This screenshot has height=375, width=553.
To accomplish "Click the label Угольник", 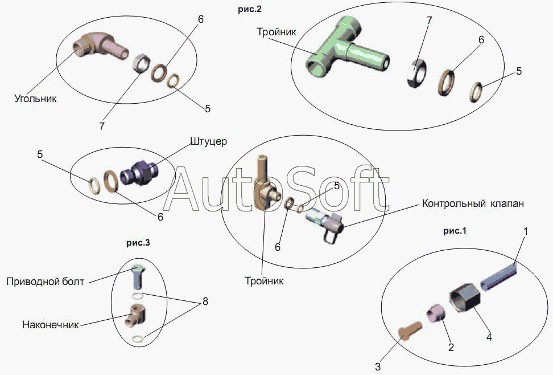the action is click(36, 99).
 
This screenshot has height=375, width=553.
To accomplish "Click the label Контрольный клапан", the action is click(472, 203).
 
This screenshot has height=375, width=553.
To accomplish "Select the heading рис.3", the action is click(138, 243).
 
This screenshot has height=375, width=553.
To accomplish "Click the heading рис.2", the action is click(251, 9).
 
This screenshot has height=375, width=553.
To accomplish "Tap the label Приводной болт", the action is click(46, 281).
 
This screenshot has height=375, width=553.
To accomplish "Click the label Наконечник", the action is click(50, 325).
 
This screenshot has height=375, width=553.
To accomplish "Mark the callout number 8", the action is click(205, 301).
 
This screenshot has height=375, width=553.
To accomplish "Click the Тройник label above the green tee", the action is click(276, 32).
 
